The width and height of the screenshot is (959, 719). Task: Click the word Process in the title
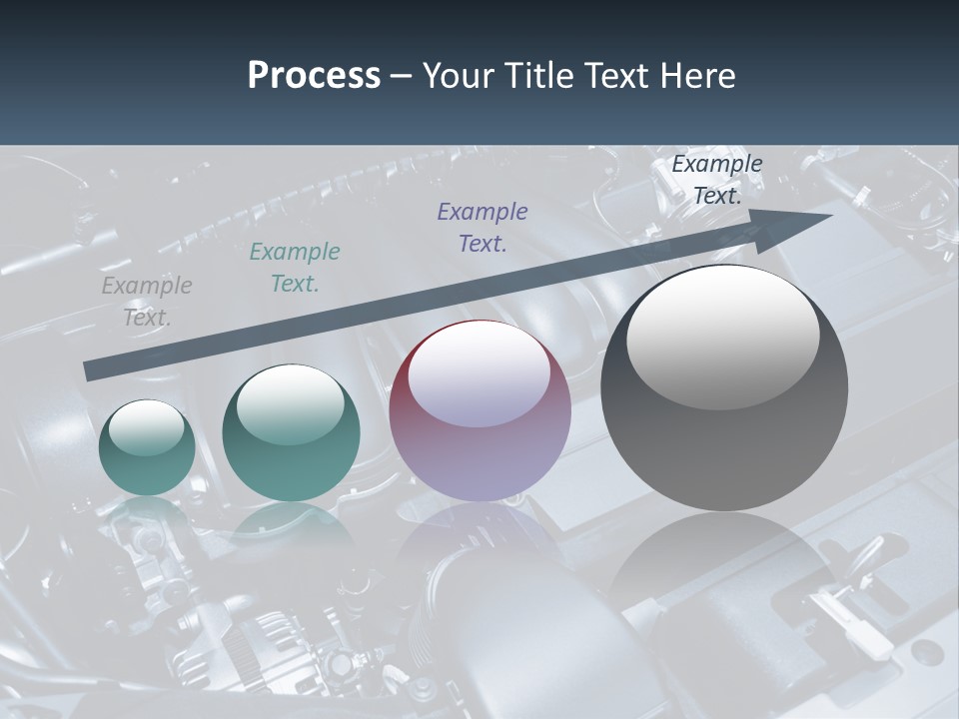pos(314,76)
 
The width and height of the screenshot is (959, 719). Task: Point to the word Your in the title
pos(461,76)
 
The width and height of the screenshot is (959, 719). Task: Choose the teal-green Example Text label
pos(295,268)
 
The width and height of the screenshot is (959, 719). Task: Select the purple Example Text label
pos(482,228)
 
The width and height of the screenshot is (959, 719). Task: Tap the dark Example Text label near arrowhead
pos(717,180)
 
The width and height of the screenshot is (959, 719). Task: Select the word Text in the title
pos(619,76)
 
